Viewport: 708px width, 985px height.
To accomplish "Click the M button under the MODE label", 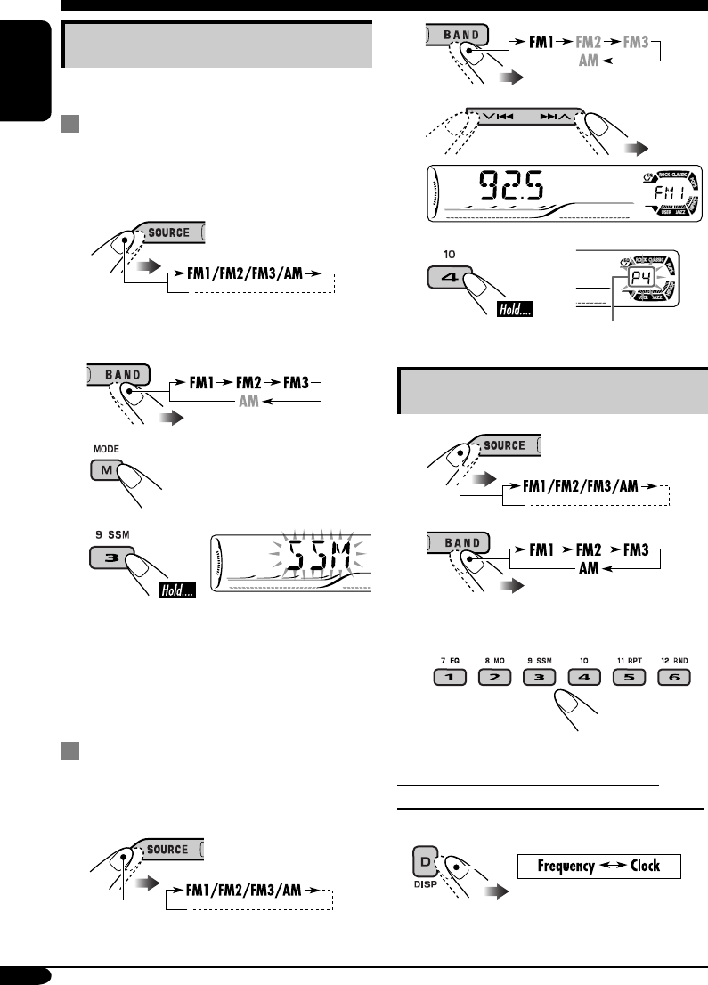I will coord(105,470).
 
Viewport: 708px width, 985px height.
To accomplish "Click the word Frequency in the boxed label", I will coord(563,866).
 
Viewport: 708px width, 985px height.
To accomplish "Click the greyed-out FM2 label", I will coord(590,40).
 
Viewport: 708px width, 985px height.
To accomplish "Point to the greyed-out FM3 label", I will coord(641,40).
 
